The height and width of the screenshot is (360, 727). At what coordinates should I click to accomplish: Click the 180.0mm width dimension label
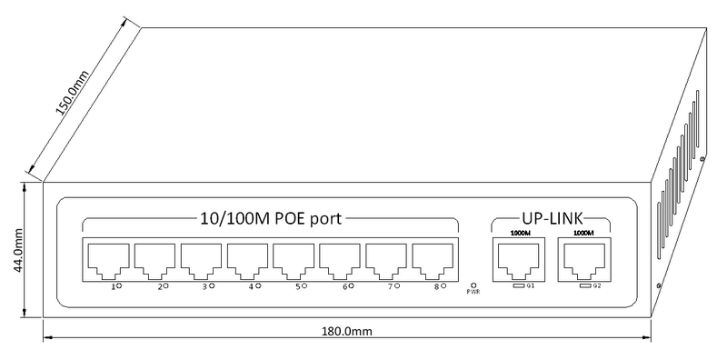(x=347, y=332)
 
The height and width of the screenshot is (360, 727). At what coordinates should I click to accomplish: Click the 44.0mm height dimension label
(x=19, y=251)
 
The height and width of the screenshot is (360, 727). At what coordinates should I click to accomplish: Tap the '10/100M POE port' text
(x=271, y=217)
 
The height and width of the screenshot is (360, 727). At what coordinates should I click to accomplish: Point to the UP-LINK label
(x=552, y=218)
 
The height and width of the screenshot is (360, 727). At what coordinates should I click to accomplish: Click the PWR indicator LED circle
(x=473, y=285)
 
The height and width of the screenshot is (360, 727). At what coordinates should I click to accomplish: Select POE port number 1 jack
(x=108, y=262)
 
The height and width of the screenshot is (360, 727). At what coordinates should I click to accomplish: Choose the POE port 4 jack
(x=247, y=262)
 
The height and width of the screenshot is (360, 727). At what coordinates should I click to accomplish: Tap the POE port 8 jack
(x=433, y=262)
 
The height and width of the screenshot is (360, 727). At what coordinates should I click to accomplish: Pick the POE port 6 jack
(x=340, y=262)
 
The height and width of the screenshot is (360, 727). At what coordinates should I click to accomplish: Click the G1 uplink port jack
(x=519, y=260)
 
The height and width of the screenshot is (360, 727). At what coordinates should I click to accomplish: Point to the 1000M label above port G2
(x=583, y=233)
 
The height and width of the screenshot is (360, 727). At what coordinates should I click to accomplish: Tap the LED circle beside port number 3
(x=212, y=285)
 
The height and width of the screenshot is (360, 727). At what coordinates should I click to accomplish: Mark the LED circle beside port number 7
(x=397, y=285)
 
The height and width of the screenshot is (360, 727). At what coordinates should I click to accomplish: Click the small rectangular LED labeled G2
(x=585, y=285)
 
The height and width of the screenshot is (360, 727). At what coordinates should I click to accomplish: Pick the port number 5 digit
(x=298, y=287)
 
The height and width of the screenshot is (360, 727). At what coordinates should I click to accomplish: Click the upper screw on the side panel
(x=702, y=159)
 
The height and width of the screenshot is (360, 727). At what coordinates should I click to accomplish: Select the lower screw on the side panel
(x=658, y=286)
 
